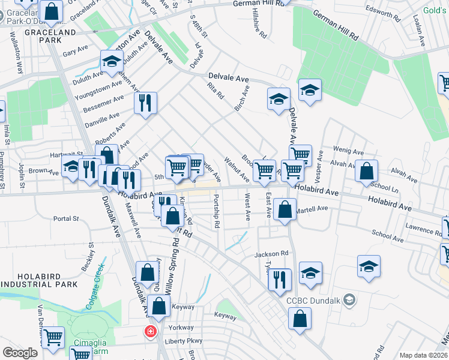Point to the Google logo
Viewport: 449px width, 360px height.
click(x=20, y=353)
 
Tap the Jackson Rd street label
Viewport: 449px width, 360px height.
click(x=271, y=254)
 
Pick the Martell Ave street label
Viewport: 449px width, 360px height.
click(x=314, y=208)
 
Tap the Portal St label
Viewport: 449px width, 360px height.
click(x=66, y=218)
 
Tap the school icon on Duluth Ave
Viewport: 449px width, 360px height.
click(x=112, y=61)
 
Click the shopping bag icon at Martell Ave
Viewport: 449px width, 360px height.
click(x=286, y=210)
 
